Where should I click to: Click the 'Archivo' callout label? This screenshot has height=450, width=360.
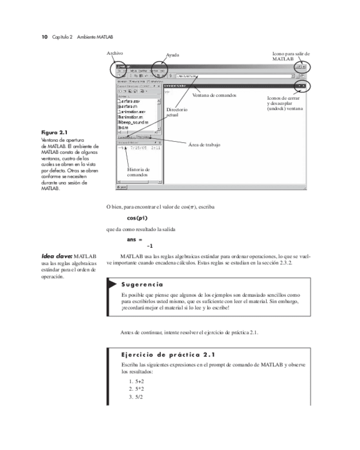click(115, 54)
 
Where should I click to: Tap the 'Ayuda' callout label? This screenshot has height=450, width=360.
click(173, 55)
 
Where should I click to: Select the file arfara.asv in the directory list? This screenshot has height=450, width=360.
click(129, 101)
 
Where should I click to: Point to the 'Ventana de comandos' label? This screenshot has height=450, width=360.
click(214, 96)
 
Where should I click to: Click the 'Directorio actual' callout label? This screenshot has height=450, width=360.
click(176, 112)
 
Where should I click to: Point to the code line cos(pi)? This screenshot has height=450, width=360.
click(137, 218)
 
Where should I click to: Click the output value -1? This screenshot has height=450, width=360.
click(149, 246)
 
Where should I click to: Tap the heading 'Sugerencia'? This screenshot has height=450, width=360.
click(142, 284)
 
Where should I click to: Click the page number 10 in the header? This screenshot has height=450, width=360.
click(45, 36)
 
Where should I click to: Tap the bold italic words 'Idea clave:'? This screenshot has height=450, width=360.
click(57, 257)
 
